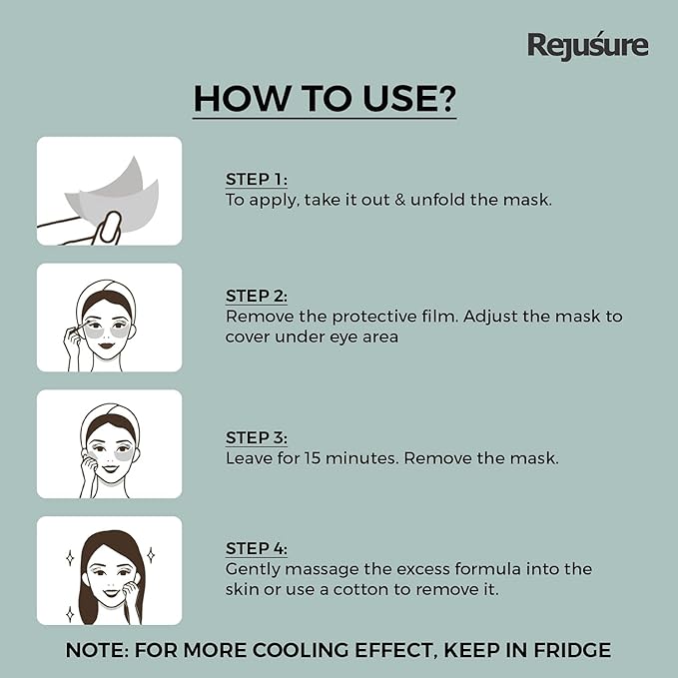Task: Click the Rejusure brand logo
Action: tap(587, 45)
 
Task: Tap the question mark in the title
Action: tap(443, 98)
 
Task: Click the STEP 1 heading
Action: tap(256, 179)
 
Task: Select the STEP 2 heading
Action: tap(256, 296)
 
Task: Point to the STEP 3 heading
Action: tap(256, 437)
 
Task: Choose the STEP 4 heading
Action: tap(256, 548)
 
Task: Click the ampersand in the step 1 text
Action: tap(400, 200)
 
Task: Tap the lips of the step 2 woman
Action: tap(107, 345)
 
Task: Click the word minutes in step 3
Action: tap(361, 458)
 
